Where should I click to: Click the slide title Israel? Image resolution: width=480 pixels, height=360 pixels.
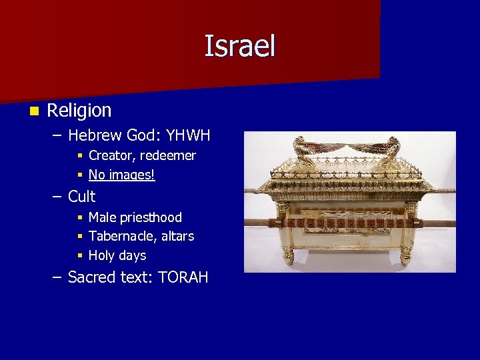pos(239,47)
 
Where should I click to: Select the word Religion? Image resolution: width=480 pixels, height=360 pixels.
pos(79,110)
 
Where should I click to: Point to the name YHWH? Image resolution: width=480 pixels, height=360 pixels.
pos(188,136)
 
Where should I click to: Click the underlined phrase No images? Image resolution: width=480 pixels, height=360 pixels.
pos(121,175)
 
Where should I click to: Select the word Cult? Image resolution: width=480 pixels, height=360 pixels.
pos(81,197)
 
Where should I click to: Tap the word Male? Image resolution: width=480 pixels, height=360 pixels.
pos(102,217)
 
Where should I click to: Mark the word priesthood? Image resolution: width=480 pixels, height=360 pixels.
pos(151,217)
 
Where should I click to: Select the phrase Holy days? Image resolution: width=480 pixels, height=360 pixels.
pos(117,255)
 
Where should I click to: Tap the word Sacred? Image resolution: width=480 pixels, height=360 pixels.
pos(94,277)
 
